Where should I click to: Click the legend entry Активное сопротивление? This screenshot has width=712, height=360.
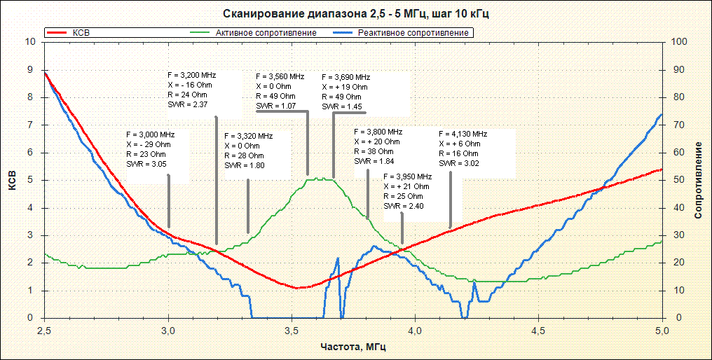point(266,33)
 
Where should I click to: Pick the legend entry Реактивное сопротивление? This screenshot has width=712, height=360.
point(413,33)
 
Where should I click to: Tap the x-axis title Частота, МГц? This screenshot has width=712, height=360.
point(352,347)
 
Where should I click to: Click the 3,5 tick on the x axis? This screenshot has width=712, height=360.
point(292,330)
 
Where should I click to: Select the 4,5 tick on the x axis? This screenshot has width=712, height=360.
point(538,330)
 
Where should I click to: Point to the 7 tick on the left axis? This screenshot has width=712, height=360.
point(29,125)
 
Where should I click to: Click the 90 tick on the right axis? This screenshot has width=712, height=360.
point(676,69)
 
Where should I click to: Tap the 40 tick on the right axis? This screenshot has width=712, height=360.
point(676,208)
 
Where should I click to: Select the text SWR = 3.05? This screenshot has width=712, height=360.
point(146,164)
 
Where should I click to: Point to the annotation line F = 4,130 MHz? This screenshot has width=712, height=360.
point(463,134)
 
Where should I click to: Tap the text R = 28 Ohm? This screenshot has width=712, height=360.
point(244,155)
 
